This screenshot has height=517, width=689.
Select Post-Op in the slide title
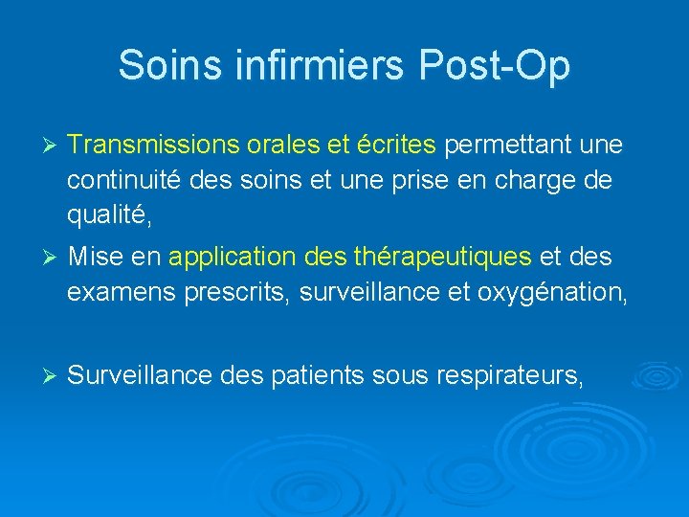(494, 65)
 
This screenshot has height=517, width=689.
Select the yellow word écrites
(395, 145)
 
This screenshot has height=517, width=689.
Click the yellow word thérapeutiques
(442, 258)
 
